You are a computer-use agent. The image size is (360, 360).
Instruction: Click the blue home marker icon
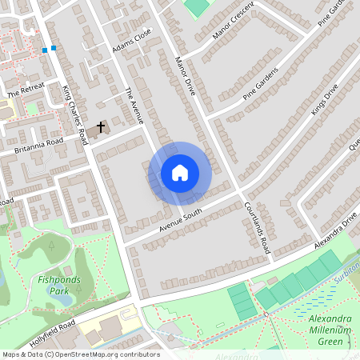click(180, 173)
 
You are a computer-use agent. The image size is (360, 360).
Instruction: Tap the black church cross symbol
click(102, 126)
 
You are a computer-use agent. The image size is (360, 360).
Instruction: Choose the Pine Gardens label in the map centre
click(262, 87)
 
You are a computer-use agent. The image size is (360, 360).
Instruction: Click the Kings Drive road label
click(326, 99)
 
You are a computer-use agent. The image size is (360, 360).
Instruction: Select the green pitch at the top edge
click(196, 6)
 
